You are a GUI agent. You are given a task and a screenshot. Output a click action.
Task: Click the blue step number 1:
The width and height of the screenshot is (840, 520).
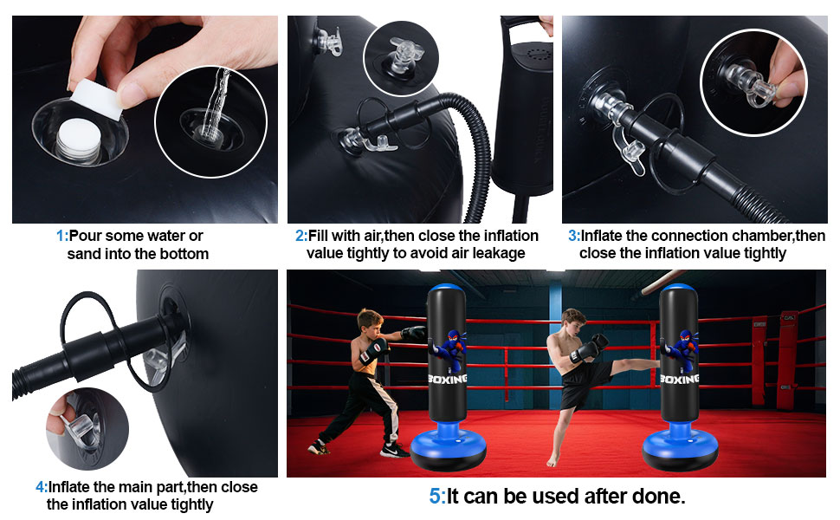pos(62,236)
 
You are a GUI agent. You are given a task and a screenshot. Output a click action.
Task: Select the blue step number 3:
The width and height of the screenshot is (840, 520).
pos(574,236)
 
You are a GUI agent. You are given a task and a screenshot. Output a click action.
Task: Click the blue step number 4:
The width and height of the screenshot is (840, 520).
pos(42,487)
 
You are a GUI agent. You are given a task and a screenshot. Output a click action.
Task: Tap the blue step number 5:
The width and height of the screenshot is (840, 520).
pos(437,497)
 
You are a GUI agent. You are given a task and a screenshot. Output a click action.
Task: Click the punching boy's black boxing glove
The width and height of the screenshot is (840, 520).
pos(413,333)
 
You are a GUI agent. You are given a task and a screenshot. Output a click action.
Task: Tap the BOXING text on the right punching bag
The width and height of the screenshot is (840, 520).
pos(680,379)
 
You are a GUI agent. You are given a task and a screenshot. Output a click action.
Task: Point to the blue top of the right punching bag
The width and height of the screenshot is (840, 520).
pos(678,289)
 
